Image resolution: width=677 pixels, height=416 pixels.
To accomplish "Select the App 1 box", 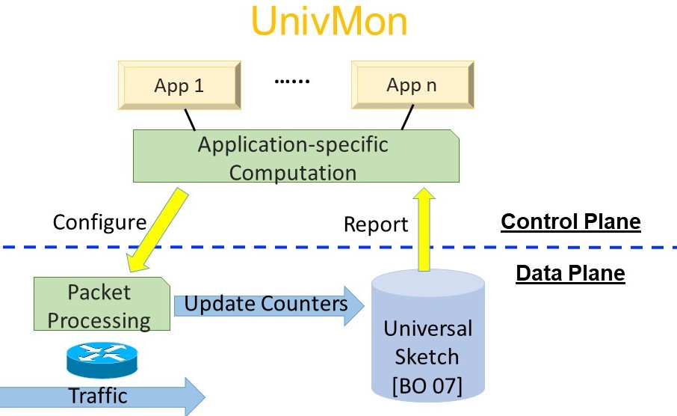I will [179, 85].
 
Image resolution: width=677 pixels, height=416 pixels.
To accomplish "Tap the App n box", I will [412, 85].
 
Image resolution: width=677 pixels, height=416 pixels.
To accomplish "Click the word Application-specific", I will [293, 144].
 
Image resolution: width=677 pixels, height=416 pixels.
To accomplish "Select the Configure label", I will [99, 221].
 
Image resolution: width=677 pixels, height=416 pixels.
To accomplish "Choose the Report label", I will [376, 224].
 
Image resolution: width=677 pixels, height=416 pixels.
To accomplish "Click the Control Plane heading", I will [570, 221].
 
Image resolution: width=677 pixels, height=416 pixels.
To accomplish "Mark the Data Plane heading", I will [570, 273].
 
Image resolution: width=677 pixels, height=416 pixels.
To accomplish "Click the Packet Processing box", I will [100, 305].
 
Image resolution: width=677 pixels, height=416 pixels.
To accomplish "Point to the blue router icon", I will [102, 361].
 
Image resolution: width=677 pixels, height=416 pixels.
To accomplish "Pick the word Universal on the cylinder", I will [427, 328].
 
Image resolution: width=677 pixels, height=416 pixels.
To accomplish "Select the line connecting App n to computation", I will [406, 117].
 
